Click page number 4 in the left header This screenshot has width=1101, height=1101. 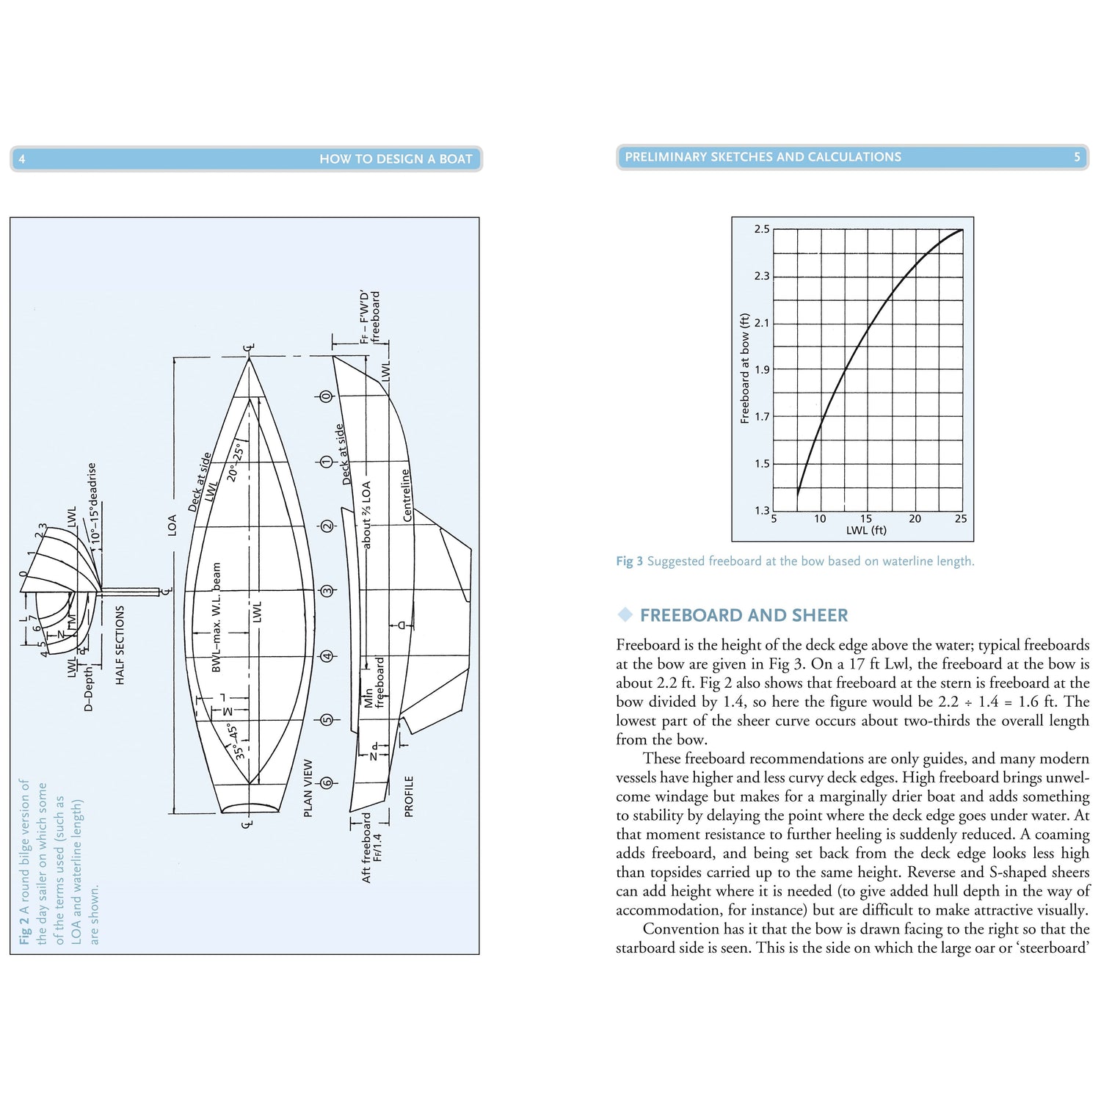22,159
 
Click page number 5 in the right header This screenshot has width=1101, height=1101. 1077,157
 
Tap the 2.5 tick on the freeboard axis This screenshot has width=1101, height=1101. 762,229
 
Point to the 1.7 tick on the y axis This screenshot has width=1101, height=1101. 762,417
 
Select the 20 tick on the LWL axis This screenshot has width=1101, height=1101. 915,518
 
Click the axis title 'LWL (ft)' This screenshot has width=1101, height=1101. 866,530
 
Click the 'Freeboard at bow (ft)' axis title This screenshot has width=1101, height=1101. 745,368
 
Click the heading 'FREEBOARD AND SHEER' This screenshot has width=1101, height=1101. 744,615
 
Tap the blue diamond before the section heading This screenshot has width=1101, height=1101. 625,614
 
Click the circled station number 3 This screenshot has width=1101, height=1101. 327,591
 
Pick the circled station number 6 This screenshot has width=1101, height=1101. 327,783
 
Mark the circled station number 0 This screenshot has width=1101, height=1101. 327,396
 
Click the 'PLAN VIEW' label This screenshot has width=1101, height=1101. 308,788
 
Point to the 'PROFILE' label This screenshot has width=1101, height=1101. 409,796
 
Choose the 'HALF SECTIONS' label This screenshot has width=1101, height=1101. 120,645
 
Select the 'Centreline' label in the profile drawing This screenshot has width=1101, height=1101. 406,495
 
